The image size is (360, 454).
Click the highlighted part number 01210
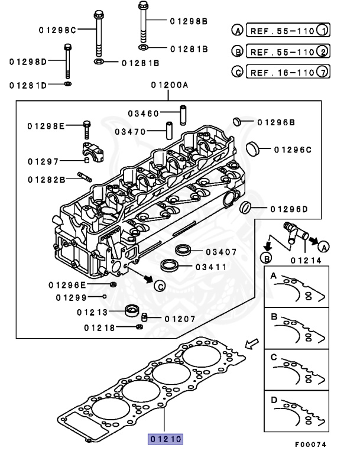pos(166,439)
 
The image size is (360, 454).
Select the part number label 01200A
pos(169,85)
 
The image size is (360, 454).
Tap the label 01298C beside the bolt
pos(58,30)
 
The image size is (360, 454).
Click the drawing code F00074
pos(310,444)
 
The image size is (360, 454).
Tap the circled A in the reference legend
pos(237,30)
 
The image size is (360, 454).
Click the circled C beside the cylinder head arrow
pos(159,286)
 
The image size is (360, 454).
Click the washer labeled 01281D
pos(69,85)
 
